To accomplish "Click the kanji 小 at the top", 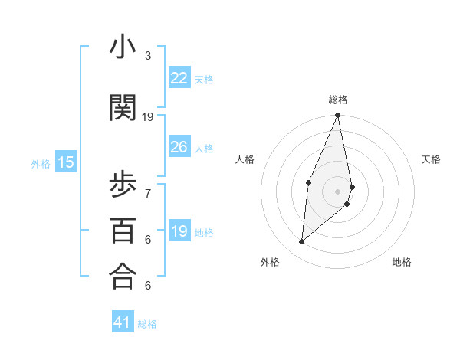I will (x=123, y=47).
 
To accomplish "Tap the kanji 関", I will (x=123, y=109).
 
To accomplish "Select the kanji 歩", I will (x=123, y=185).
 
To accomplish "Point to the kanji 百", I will (x=123, y=231).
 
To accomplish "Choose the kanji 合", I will (x=123, y=277).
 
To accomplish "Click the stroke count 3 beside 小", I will (x=148, y=56).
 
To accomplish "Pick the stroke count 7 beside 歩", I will (x=148, y=193).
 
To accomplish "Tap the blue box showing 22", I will (x=179, y=78).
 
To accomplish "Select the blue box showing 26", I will (x=179, y=147).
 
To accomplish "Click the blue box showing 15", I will (x=66, y=162).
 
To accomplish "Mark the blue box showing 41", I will (x=123, y=322).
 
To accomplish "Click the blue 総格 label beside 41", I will (x=147, y=324).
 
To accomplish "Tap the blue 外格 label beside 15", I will (x=41, y=163).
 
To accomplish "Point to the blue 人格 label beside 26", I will (x=204, y=148).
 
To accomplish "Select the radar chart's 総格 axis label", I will (x=338, y=100).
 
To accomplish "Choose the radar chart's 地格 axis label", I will (x=402, y=262).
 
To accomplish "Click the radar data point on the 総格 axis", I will (x=338, y=116).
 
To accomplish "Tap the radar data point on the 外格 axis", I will (x=302, y=242).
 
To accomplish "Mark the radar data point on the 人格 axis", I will (x=308, y=182).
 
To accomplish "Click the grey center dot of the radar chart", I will (x=338, y=191).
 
